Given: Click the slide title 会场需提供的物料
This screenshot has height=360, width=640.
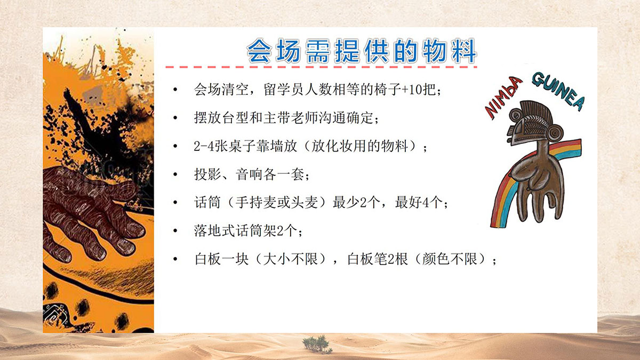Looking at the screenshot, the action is tap(362, 51).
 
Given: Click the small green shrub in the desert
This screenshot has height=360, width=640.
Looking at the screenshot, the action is tap(317, 345).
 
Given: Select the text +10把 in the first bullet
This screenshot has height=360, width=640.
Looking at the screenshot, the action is tap(419, 90).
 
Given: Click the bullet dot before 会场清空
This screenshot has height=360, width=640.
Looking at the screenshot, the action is tap(175, 90).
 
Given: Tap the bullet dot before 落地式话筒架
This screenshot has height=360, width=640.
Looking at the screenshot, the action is tap(175, 231).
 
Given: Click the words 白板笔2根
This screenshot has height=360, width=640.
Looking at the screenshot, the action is tap(378, 259).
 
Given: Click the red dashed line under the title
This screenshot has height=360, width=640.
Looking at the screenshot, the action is tap(321, 67).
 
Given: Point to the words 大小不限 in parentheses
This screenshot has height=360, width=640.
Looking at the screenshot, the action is tap(290, 259).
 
